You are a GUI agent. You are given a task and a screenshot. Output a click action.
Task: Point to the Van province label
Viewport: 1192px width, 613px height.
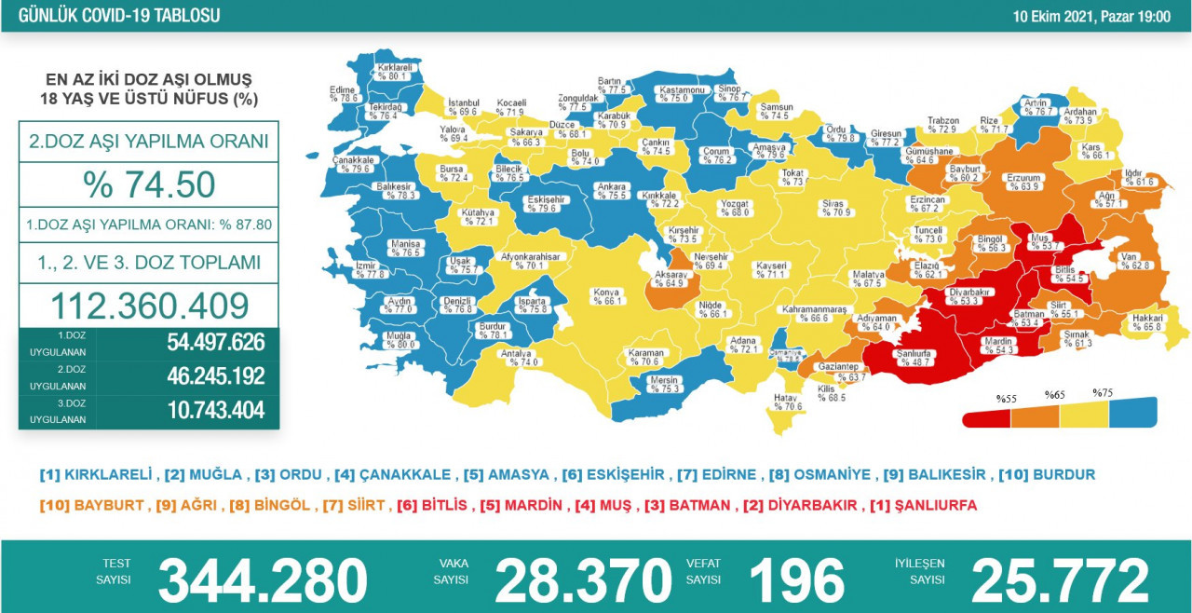[x=1129, y=260]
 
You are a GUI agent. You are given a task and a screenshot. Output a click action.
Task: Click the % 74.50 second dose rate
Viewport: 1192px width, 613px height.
[x=149, y=184]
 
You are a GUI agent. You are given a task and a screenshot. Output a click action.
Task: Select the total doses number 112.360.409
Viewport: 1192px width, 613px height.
[x=149, y=305]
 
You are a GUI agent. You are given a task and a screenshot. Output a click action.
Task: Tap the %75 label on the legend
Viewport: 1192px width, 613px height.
[x=1103, y=393]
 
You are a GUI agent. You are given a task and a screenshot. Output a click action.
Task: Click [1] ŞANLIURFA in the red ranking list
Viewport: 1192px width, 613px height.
[x=923, y=505]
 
